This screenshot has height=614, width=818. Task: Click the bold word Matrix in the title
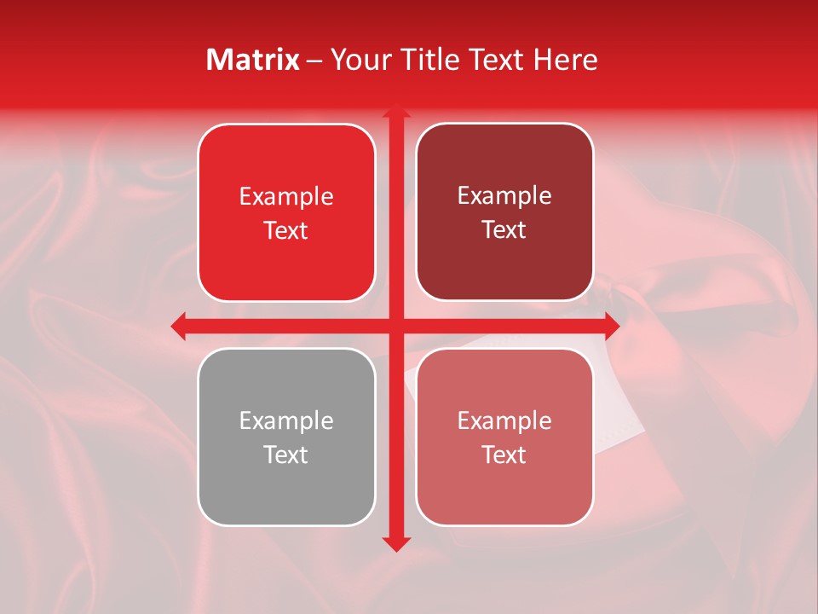253,60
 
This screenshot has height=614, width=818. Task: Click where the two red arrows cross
395,325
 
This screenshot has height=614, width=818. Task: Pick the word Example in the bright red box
286,197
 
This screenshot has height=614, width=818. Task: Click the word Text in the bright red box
286,230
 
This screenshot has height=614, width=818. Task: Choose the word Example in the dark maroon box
504,196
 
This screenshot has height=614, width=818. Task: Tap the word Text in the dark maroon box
504,229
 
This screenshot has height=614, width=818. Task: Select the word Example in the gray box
286,421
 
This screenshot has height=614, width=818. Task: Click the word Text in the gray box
286,455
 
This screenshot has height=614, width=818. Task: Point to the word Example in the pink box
504,421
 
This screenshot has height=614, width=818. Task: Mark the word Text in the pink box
504,455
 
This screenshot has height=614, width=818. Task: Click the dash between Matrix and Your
314,61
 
